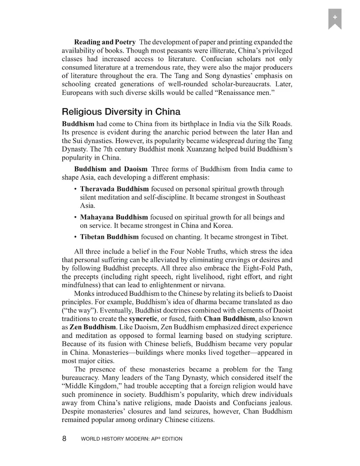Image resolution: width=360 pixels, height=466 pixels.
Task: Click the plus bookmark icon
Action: (x=335, y=18)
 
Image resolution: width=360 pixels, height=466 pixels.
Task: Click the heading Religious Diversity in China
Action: (x=121, y=112)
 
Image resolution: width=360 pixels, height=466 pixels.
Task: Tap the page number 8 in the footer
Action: (x=64, y=439)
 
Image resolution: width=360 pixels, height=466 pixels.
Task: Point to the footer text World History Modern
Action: (x=132, y=439)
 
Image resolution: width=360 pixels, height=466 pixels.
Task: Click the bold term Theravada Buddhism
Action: (x=114, y=189)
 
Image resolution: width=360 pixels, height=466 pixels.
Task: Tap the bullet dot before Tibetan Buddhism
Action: (x=75, y=237)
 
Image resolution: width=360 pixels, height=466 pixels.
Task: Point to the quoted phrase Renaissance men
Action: (x=238, y=93)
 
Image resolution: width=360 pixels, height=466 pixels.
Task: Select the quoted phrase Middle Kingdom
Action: (x=88, y=386)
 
